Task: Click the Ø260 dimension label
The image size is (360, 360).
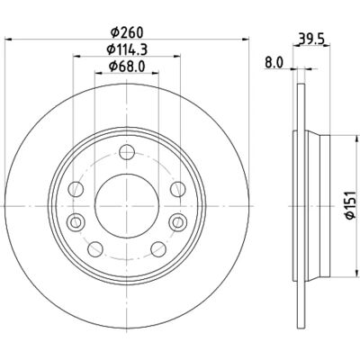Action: click(x=127, y=32)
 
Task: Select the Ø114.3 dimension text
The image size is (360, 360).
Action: click(x=127, y=49)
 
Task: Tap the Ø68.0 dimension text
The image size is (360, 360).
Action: click(x=127, y=66)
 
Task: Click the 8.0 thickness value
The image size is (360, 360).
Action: click(x=274, y=63)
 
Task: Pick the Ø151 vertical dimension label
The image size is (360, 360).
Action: click(x=350, y=205)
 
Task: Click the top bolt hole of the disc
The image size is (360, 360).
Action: click(x=127, y=152)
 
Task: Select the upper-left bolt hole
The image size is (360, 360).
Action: click(x=76, y=189)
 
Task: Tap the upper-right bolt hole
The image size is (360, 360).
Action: click(x=178, y=189)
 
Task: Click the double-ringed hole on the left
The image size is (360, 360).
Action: click(x=76, y=222)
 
